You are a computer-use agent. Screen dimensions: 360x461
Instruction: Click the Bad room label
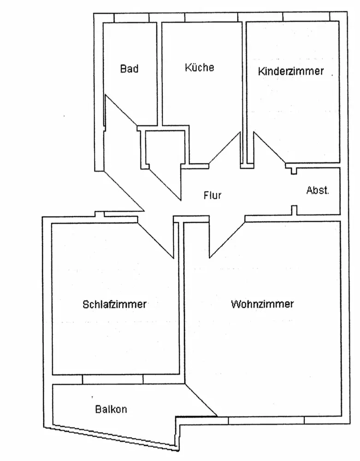point(130,69)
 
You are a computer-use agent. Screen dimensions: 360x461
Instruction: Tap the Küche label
point(200,67)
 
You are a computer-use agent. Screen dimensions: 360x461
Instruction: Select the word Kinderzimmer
point(291,71)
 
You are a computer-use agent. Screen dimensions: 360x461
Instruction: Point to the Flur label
point(212,195)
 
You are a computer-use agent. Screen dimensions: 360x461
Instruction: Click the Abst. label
point(318,190)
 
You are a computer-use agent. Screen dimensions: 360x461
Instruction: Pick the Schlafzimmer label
point(115,304)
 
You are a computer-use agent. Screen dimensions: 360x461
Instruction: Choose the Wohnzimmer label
point(262,304)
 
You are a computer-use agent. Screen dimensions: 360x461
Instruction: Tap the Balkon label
point(111,409)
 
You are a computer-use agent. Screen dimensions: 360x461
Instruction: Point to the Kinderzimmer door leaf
point(270,148)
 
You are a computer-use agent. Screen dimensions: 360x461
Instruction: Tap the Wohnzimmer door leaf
point(227,240)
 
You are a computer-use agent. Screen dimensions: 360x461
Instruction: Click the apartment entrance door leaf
point(124,191)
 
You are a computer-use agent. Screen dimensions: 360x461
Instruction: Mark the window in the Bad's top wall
point(131,18)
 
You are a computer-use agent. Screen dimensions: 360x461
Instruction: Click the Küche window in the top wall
point(211,18)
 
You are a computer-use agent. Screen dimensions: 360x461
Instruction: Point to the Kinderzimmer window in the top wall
point(307,17)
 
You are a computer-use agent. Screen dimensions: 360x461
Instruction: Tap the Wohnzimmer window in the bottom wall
point(266,420)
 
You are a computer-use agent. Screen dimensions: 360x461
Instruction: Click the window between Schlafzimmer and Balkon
point(113,379)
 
